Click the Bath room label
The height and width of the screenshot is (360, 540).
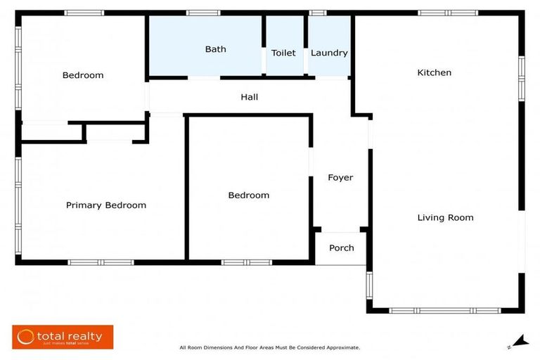216,49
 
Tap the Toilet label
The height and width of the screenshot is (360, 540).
283,53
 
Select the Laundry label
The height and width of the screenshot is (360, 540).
329,53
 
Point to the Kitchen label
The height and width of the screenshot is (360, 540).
435,72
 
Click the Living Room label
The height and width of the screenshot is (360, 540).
445,217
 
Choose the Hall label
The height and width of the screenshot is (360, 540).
249,97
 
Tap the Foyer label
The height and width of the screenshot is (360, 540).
340,177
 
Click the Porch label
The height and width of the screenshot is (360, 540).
342,247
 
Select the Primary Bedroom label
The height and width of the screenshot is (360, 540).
106,205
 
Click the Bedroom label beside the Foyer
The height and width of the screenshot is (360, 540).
249,195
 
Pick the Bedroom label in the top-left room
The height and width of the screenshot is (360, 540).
83,75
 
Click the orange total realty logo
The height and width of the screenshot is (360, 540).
63,337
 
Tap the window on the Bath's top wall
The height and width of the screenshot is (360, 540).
203,13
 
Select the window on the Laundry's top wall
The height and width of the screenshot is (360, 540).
318,13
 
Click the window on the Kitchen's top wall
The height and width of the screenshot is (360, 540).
448,13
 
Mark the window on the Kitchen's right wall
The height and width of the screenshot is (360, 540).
522,78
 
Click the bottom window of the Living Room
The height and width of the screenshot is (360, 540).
445,310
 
